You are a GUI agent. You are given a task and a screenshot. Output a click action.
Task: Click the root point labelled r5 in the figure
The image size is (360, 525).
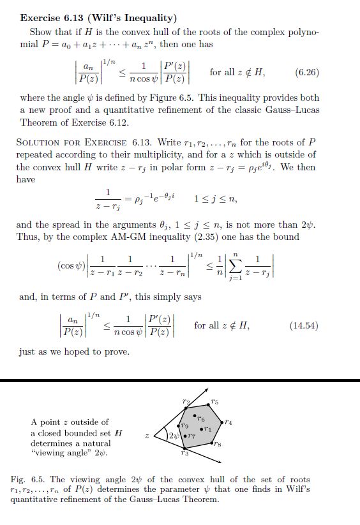(x=209, y=404)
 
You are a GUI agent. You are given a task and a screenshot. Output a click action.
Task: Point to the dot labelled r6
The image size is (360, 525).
(x=195, y=415)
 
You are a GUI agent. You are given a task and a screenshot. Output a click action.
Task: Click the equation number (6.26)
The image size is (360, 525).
(x=308, y=73)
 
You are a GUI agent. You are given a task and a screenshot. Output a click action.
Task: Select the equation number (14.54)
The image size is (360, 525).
(x=304, y=326)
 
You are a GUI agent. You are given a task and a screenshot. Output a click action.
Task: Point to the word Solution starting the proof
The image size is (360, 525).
(x=41, y=142)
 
